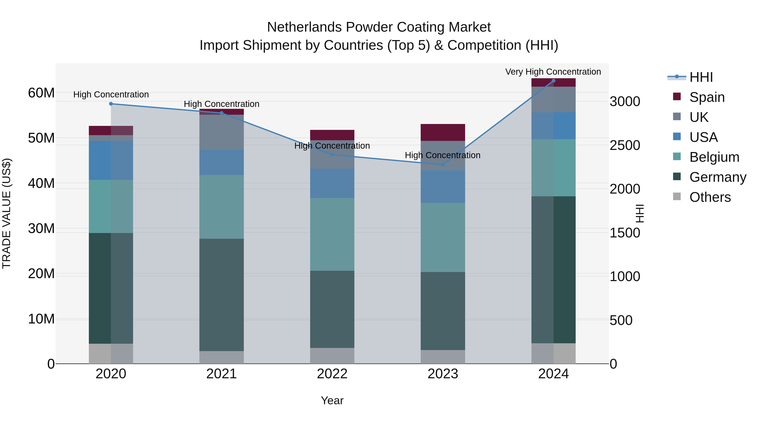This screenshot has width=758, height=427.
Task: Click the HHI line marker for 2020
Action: coord(111,104)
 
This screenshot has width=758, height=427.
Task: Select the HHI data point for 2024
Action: coord(553,81)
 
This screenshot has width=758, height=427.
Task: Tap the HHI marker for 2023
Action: coord(443,165)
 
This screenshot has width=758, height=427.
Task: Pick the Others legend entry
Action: coord(710,197)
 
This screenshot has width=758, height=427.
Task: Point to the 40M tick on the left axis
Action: coord(41,183)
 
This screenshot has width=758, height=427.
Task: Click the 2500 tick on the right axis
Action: coord(625,145)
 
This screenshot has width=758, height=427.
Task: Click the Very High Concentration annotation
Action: coord(553,72)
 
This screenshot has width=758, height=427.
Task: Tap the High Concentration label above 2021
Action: coord(221,104)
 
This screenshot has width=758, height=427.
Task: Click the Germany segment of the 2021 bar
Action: coord(221,295)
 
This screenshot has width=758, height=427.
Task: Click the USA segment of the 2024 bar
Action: coord(553,125)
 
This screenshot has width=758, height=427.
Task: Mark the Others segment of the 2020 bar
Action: coord(111,353)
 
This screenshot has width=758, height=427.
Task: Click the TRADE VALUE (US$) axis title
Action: coord(7,213)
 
